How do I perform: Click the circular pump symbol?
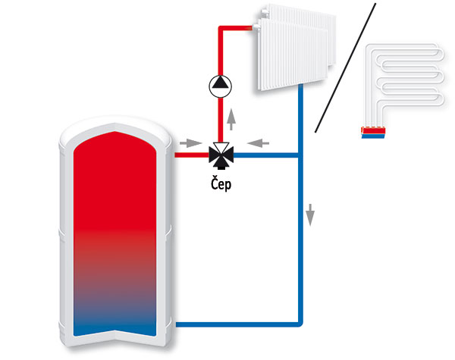[221, 86]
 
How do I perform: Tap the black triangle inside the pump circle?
[221, 83]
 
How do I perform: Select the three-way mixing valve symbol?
[221, 155]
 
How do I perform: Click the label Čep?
[221, 184]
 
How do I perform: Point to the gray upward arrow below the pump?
[231, 119]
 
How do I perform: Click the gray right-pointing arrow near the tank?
[190, 143]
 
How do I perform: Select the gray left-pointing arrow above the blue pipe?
[259, 143]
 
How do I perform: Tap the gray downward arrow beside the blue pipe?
[310, 214]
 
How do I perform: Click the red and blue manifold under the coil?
[373, 133]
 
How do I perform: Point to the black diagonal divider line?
[345, 68]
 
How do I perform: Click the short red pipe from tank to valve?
[192, 155]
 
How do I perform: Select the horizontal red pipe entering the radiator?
[235, 28]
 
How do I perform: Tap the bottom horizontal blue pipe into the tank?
[237, 324]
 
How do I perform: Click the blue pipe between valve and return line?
[266, 155]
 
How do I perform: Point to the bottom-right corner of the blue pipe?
[301, 325]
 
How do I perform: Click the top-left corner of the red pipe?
[220, 27]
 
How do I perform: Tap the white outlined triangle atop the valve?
[221, 147]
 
